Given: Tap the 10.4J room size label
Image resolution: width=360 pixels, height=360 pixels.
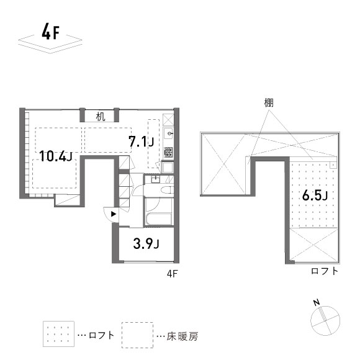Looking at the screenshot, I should [55, 156].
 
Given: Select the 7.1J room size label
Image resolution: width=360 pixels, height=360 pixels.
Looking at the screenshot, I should [140, 142].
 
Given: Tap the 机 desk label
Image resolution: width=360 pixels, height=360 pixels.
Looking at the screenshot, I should [101, 115].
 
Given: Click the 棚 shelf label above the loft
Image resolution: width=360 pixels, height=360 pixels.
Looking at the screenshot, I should [268, 102].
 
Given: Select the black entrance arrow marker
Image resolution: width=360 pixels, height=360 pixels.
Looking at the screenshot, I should [112, 215].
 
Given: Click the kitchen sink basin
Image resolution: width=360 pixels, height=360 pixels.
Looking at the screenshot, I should [169, 134].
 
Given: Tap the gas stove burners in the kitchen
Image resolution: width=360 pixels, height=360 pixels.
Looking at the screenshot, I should [169, 151].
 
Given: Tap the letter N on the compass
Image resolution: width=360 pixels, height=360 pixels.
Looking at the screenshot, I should [316, 302].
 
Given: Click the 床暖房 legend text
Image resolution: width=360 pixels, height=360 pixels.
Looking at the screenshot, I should [182, 336].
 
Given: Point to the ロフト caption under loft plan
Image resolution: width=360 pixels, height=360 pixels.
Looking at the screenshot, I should [325, 271].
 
